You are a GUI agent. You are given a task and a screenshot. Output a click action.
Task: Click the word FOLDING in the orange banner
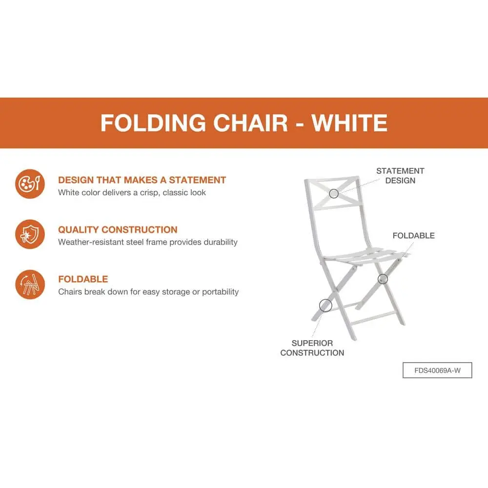coord(153,122)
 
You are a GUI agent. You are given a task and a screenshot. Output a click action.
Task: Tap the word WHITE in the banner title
coord(349,122)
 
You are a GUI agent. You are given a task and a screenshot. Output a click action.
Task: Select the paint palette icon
coord(30,184)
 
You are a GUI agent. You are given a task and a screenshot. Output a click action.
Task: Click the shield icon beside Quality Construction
coord(30,234)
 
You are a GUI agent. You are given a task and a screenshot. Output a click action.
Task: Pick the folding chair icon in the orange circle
coord(30,285)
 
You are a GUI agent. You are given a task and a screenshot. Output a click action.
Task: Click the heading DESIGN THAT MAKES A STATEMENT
coord(142,180)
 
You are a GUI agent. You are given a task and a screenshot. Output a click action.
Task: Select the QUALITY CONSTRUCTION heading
coord(118,230)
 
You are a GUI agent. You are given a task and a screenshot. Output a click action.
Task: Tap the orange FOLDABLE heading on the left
coord(83,279)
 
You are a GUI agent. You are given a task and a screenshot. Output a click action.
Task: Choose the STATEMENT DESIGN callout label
coord(400,176)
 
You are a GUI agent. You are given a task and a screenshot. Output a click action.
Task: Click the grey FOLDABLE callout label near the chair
coord(414,236)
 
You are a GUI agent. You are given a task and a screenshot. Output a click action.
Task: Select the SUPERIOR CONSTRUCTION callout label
coord(312,348)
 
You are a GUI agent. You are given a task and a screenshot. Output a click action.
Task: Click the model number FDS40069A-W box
coord(437,370)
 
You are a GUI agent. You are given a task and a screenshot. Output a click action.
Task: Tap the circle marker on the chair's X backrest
coord(334,194)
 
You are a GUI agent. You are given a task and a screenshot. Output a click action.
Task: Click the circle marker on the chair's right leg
coord(383,279)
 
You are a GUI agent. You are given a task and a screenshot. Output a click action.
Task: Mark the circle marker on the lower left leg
coord(325,305)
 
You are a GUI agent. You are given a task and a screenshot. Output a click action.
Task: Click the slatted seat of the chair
coord(364,255)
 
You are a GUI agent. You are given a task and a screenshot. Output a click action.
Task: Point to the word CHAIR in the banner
coord(250,122)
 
